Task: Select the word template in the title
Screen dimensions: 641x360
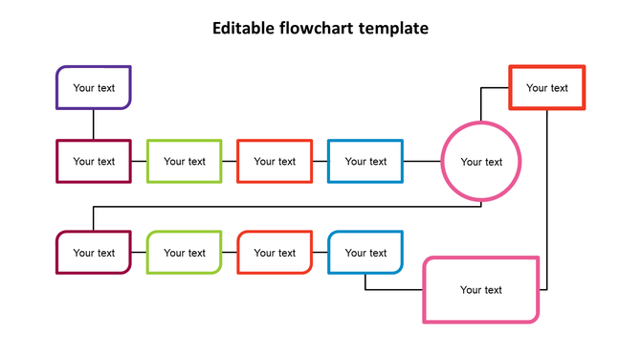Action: coord(393,29)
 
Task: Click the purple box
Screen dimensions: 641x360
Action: coord(94,87)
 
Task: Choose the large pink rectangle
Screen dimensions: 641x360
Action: coord(481,289)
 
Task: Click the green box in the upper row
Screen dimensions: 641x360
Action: coord(185,161)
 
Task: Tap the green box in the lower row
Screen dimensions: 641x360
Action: coord(185,253)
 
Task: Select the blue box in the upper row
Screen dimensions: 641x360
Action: coord(365,161)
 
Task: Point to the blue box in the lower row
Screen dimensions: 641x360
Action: coord(365,253)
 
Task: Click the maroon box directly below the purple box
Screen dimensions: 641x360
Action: coord(94,161)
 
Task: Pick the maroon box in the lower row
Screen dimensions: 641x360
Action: coord(94,253)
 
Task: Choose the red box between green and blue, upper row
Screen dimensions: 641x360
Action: coord(275,161)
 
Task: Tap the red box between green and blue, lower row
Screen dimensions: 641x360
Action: coord(275,253)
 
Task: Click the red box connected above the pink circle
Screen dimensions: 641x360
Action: coord(547,87)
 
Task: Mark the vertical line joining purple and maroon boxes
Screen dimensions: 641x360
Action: coord(94,124)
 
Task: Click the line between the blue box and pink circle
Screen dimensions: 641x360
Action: coord(422,161)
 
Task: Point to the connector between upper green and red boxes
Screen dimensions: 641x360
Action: coord(230,161)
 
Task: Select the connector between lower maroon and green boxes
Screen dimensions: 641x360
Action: coord(139,253)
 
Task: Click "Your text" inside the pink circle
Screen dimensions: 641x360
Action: coord(481,162)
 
